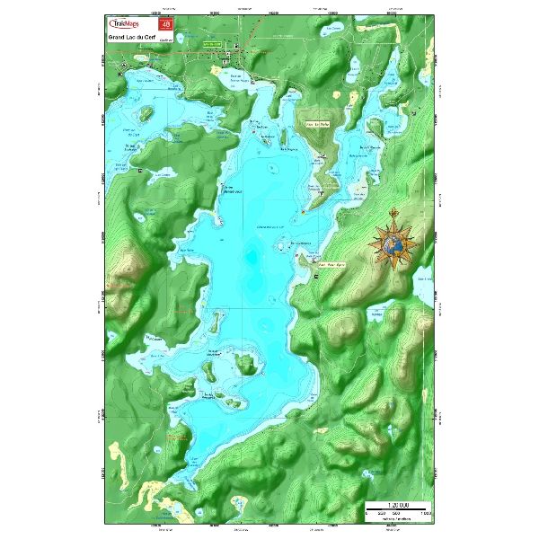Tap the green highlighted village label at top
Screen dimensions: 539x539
[212, 43]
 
